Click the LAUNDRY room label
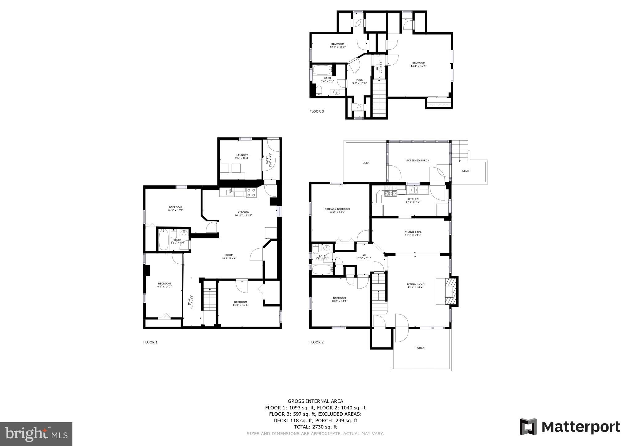(x=242, y=155)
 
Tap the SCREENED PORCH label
(x=417, y=160)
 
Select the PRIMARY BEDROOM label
(x=337, y=209)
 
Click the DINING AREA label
(x=413, y=232)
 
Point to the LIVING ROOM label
(x=415, y=284)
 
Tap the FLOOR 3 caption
(x=316, y=111)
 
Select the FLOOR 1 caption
(x=150, y=342)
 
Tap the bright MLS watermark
(x=36, y=434)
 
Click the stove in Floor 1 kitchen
(x=251, y=193)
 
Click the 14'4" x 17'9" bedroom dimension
(x=418, y=66)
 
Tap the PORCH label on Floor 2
(x=420, y=348)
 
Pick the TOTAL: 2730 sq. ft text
(x=315, y=427)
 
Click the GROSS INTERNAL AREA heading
(x=315, y=401)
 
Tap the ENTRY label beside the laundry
(x=267, y=160)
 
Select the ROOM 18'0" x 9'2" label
(x=229, y=257)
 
